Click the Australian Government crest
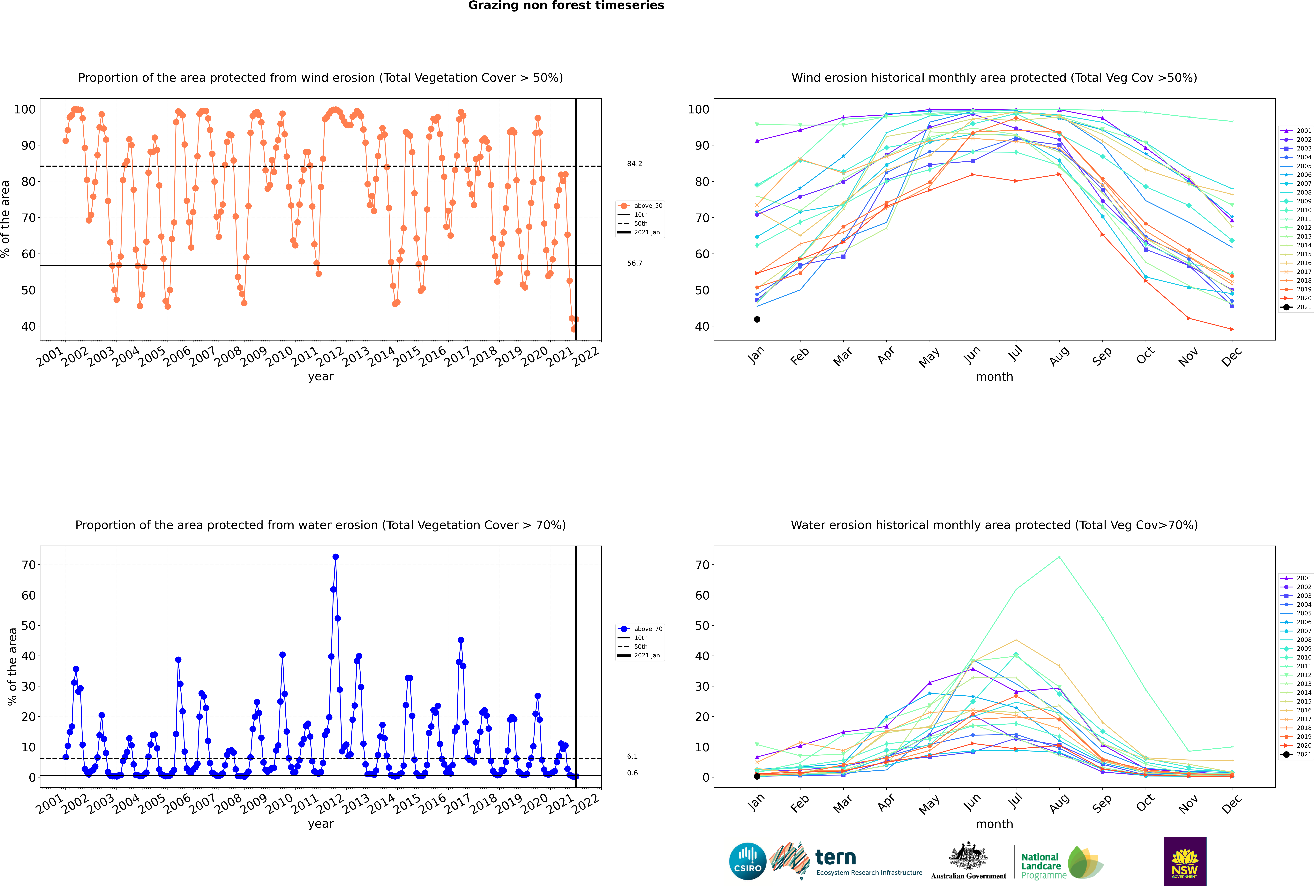coord(968,856)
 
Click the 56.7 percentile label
coord(634,263)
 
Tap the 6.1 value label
coord(632,756)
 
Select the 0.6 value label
coord(632,773)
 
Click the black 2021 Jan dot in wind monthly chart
coord(757,319)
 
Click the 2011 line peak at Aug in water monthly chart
coord(1059,557)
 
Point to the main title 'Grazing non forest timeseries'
coord(566,6)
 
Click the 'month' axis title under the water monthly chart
coord(994,824)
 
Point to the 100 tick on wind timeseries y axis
coord(25,109)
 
